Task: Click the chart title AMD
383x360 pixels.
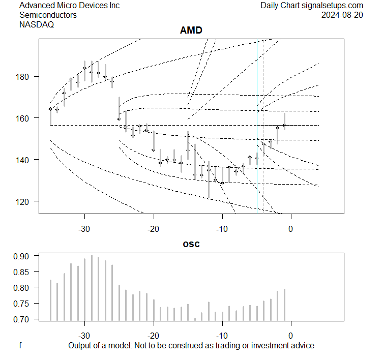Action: click(191, 31)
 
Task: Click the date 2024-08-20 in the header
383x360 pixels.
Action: click(342, 15)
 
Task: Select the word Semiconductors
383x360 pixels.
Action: click(48, 15)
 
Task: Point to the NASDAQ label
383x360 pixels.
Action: click(34, 24)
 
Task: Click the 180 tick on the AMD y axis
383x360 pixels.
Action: click(26, 77)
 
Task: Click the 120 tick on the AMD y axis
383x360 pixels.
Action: click(26, 201)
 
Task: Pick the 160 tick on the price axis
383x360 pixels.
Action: click(26, 118)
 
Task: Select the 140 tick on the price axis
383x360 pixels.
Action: click(26, 160)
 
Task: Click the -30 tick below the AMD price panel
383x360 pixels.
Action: click(84, 228)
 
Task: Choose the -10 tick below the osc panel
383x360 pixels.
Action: click(222, 336)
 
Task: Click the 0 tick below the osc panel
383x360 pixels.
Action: click(290, 336)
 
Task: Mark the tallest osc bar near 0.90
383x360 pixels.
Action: click(92, 288)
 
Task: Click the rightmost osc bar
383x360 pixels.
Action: click(284, 305)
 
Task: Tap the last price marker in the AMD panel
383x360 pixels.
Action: click(284, 125)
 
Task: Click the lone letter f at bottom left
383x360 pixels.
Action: click(20, 346)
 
